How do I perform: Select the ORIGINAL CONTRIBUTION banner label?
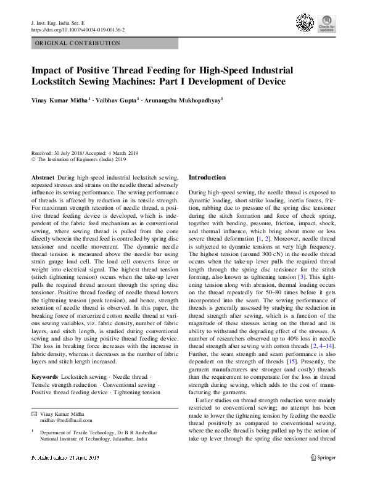point(78,43)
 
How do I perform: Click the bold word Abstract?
point(42,177)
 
